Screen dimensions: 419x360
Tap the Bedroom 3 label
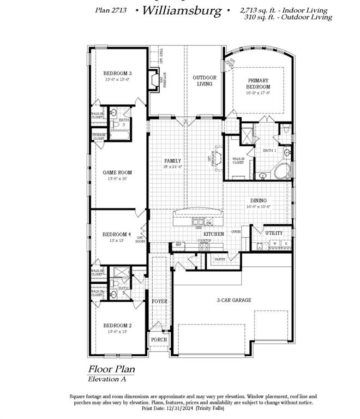tap(118, 73)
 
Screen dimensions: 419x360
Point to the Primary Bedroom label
tap(258, 83)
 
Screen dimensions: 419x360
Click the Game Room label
tap(118, 172)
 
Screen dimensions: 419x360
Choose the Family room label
tap(173, 161)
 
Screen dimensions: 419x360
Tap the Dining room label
tap(259, 200)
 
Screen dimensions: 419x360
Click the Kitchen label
tap(214, 234)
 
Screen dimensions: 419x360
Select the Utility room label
tap(274, 233)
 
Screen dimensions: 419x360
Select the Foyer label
tap(159, 301)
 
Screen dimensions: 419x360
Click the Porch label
tap(159, 339)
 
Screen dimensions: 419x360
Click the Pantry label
tap(220, 260)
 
